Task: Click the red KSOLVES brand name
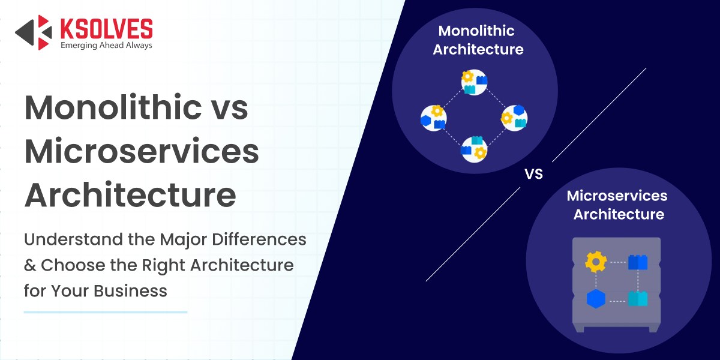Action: click(106, 28)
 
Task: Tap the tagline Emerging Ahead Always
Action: click(106, 45)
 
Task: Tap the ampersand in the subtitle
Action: click(30, 265)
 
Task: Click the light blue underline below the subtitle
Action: click(106, 312)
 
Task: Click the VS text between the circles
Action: click(533, 175)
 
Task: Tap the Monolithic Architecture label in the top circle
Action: click(478, 40)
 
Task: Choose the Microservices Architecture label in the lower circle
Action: click(617, 205)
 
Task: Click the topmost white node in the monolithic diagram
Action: click(473, 83)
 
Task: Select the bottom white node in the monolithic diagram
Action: click(473, 149)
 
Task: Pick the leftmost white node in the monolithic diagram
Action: click(433, 117)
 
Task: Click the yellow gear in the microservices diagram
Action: click(595, 262)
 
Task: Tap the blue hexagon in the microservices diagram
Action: click(595, 298)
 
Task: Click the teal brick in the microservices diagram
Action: click(638, 298)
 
